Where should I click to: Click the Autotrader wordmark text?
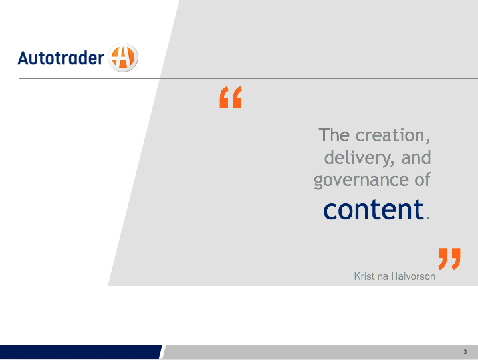(x=61, y=58)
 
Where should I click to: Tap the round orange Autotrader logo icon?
(x=123, y=57)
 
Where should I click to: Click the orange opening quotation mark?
(x=231, y=97)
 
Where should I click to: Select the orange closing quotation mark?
(x=449, y=259)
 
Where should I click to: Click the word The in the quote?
(x=334, y=135)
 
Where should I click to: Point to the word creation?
(x=390, y=135)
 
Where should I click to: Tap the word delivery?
(x=356, y=158)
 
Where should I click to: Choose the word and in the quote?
(x=416, y=158)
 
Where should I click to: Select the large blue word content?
(x=374, y=209)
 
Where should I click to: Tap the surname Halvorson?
(x=414, y=276)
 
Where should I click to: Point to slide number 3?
(x=465, y=352)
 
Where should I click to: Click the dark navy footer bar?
(x=80, y=352)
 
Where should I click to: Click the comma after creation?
(x=428, y=141)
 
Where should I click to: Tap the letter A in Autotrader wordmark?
(x=23, y=58)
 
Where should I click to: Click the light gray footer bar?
(x=320, y=352)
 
